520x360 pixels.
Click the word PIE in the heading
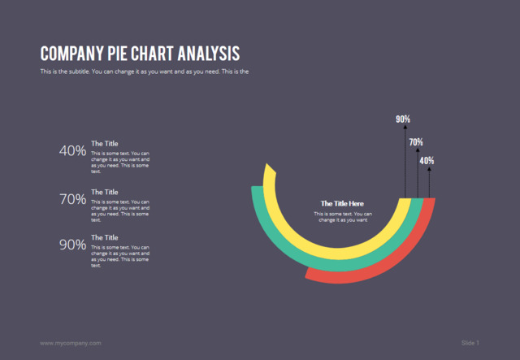point(116,54)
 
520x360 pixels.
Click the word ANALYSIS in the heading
point(204,54)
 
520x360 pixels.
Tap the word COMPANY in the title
point(70,54)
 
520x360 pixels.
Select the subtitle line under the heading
point(144,72)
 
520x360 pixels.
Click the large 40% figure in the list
point(72,150)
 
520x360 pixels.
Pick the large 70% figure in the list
point(72,198)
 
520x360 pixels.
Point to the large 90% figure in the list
point(72,244)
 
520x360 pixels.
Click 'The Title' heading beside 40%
point(104,144)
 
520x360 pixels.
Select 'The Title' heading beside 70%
point(104,192)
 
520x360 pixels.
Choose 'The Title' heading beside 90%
point(104,237)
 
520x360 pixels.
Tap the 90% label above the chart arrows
point(403,119)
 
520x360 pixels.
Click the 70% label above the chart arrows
point(416,142)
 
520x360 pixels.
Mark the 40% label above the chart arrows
point(427,161)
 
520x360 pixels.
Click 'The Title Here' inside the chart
point(342,203)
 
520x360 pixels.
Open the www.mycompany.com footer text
point(71,343)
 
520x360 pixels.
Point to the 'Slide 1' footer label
point(470,343)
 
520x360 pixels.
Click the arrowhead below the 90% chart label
point(405,128)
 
